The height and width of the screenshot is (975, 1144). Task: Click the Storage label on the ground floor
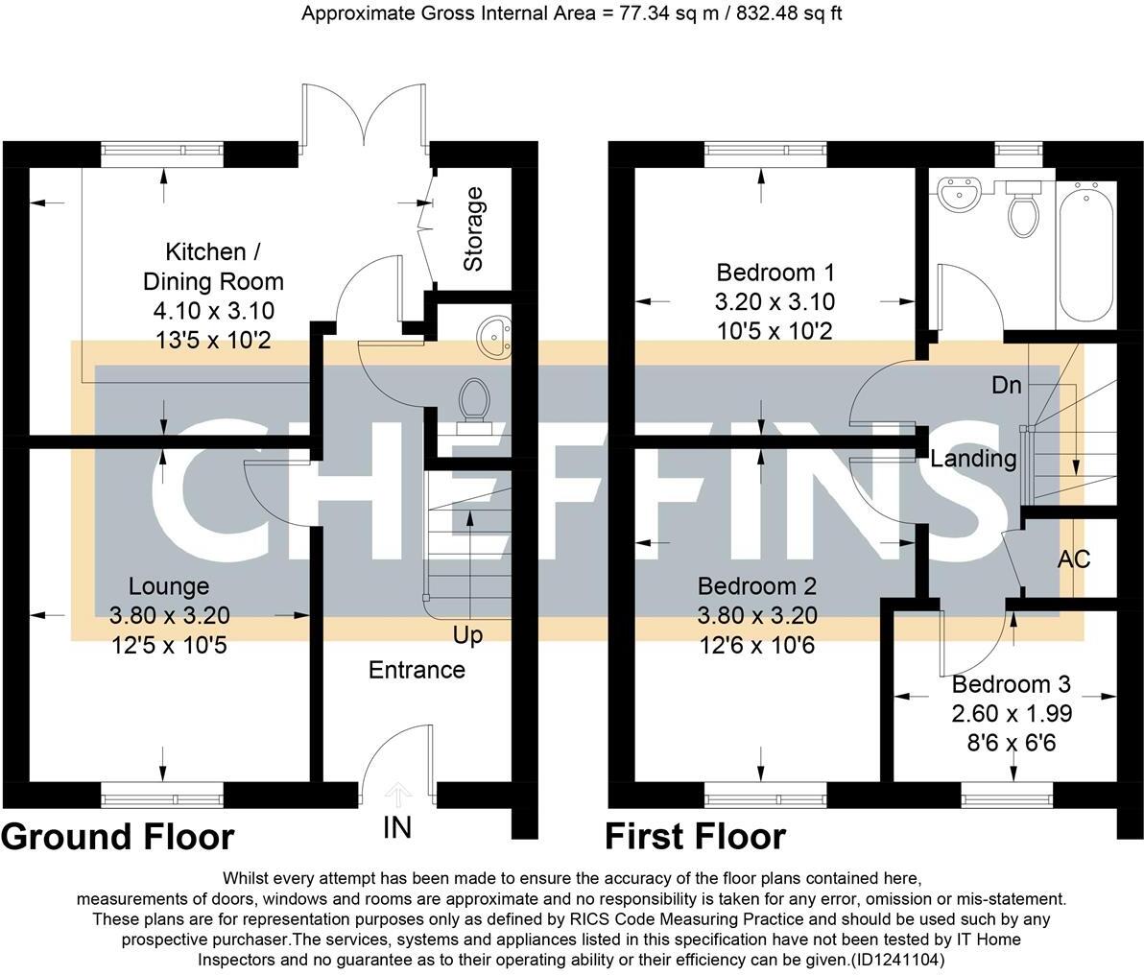click(473, 229)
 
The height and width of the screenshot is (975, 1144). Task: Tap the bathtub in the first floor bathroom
click(1085, 253)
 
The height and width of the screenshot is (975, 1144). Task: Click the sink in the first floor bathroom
click(959, 194)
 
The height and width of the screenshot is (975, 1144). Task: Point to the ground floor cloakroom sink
click(496, 334)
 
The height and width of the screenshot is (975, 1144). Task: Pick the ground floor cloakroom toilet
click(472, 402)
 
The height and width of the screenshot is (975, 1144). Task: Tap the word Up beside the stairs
click(468, 635)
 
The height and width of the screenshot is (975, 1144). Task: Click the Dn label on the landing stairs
click(1006, 386)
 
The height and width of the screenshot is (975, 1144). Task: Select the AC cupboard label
click(1074, 559)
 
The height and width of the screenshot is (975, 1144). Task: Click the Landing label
click(973, 459)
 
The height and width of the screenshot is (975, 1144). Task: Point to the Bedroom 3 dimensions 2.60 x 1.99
click(1012, 714)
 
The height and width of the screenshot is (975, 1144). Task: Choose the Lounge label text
click(169, 586)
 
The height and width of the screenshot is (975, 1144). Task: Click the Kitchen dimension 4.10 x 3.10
click(213, 311)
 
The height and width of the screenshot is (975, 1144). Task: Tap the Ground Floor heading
click(118, 837)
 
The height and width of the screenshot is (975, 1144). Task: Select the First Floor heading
click(695, 837)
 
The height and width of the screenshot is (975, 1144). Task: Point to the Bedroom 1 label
click(775, 273)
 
